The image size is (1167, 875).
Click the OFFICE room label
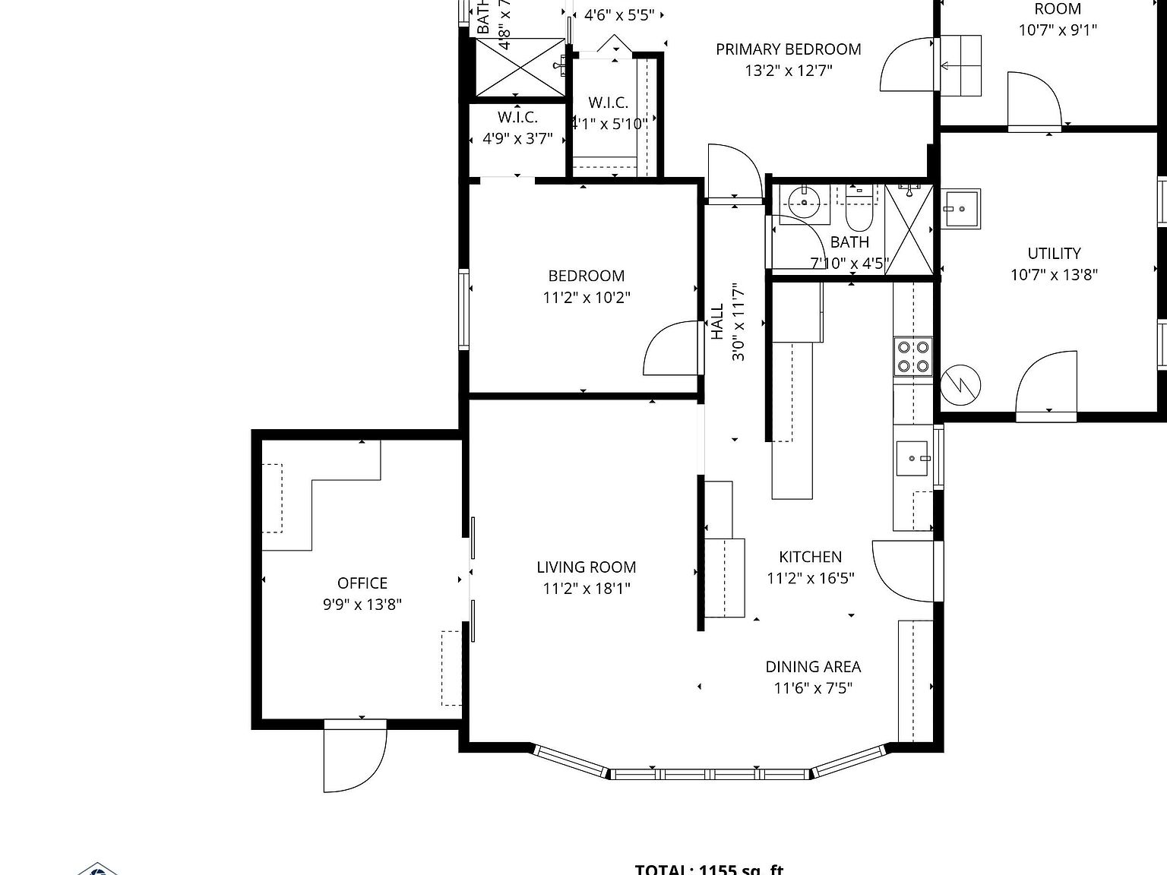[x=362, y=583]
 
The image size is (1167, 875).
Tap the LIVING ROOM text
[x=586, y=567]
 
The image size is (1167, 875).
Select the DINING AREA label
[x=813, y=667]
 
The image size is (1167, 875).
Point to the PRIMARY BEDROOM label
[x=788, y=49]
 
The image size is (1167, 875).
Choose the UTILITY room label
[x=1054, y=254]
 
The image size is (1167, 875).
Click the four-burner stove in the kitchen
[x=912, y=356]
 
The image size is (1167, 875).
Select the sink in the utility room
[x=961, y=208]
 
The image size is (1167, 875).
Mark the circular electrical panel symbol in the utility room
[x=960, y=385]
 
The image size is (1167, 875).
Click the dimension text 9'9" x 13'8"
[x=362, y=605]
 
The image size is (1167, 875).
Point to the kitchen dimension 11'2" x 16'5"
[x=810, y=579]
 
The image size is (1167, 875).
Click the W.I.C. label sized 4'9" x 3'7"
[x=517, y=118]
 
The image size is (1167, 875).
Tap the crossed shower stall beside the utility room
[x=908, y=228]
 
